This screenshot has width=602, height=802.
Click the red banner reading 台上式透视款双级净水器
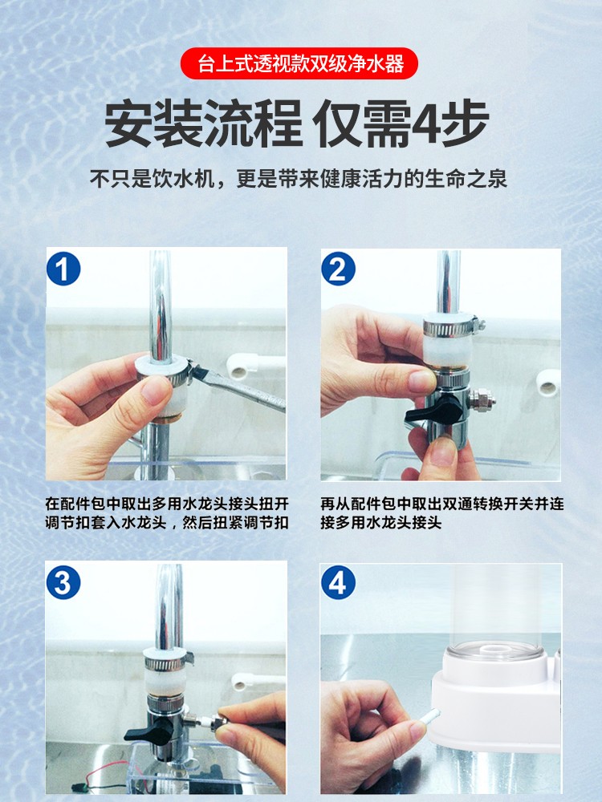[x=299, y=63]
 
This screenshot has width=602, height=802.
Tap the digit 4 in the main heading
[x=426, y=123]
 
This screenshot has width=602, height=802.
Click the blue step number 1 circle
[x=63, y=269]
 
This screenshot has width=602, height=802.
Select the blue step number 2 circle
[x=339, y=269]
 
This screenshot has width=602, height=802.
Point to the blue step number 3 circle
[x=63, y=582]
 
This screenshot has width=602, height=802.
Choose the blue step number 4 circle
[x=339, y=582]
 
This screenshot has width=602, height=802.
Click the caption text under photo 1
[x=167, y=513]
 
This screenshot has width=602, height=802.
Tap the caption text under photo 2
[x=442, y=513]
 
